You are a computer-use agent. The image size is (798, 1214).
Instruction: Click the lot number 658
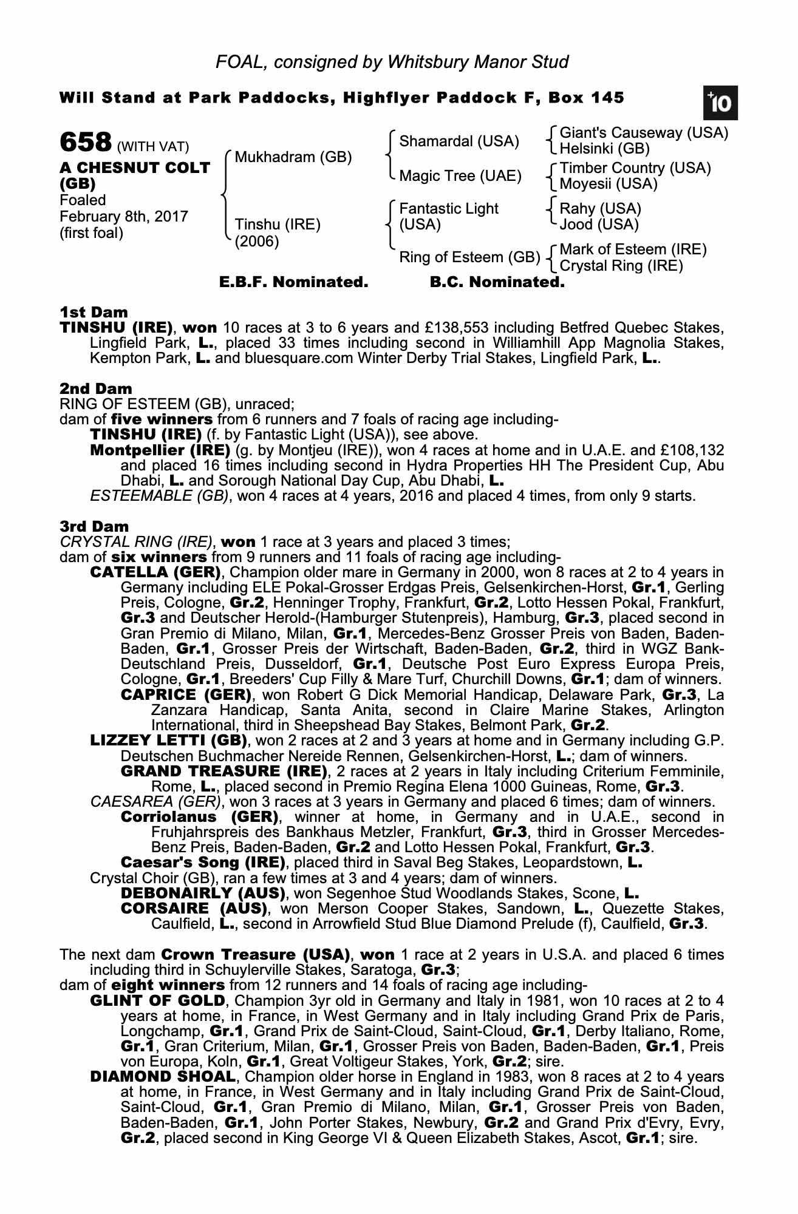pos(85,143)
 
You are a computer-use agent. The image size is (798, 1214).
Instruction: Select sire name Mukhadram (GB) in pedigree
pos(293,157)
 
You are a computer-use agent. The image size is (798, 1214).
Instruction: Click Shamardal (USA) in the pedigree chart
pos(459,142)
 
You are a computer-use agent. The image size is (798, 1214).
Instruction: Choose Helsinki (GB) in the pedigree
pos(604,149)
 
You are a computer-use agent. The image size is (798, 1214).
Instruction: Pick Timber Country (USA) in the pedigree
pos(635,168)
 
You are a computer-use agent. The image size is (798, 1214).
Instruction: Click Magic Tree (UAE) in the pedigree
pos(460,176)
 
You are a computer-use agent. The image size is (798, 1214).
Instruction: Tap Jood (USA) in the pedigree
pos(599,225)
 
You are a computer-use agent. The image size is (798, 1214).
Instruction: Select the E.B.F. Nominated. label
pos(293,282)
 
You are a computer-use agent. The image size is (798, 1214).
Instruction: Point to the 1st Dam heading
pos(94,313)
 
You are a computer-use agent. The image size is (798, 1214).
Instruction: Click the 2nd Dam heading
pos(95,388)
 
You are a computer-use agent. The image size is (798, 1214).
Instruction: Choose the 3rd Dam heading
pos(94,526)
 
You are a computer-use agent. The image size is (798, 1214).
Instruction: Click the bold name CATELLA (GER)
pos(155,572)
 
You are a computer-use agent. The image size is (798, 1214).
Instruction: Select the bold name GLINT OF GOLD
pos(158,1001)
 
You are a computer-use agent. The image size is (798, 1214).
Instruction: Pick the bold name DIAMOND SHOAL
pos(162,1077)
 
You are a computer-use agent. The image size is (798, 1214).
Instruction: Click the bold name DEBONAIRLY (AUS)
pos(203,894)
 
